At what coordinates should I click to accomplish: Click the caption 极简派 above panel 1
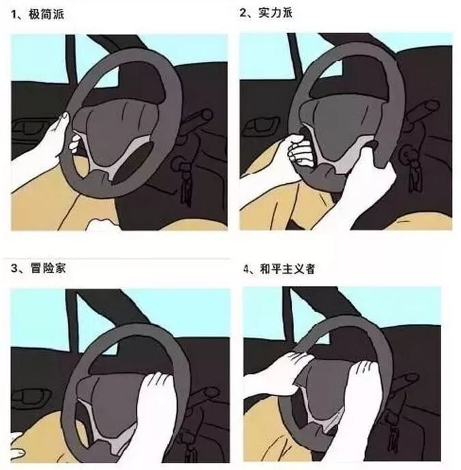46,14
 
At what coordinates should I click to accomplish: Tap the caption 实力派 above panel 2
275,12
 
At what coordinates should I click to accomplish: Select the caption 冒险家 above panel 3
48,268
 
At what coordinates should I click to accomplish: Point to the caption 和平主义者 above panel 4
287,269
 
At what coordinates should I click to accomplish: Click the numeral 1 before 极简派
14,14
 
